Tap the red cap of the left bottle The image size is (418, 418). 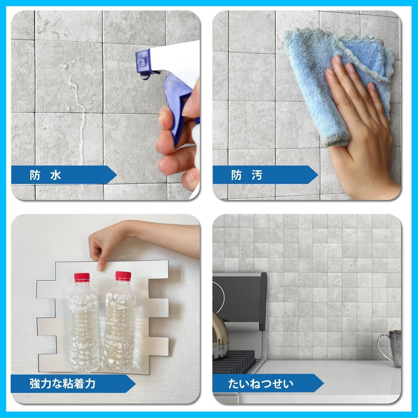[82, 278]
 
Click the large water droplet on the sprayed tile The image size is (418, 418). [64, 65]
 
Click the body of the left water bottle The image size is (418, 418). [83, 327]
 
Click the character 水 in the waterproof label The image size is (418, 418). [56, 175]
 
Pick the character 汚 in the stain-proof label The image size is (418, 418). [257, 175]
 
